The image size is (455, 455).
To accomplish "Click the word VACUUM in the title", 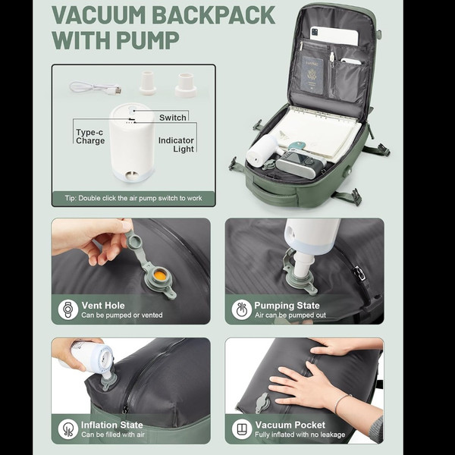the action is click(x=99, y=15).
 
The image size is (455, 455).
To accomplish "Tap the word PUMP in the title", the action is click(x=148, y=39).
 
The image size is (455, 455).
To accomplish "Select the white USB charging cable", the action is click(x=96, y=88).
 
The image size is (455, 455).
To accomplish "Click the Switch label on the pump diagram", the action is click(x=173, y=118).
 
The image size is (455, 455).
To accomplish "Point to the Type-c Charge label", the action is click(x=90, y=136).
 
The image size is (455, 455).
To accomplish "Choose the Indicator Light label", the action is click(x=176, y=145).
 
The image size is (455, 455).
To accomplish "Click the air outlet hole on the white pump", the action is click(x=132, y=176).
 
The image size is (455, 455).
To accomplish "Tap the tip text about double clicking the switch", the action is click(x=133, y=198).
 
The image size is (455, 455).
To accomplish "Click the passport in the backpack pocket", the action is click(x=312, y=75).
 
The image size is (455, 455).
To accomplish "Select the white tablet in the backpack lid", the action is click(x=334, y=36).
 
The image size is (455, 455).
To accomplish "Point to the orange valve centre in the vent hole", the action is click(x=160, y=275).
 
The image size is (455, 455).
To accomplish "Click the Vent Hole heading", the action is click(x=103, y=306).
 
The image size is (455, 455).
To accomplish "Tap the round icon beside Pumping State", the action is click(x=242, y=310).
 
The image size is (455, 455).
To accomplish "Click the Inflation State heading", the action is click(x=112, y=425).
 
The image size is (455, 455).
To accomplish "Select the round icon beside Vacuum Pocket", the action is click(x=242, y=429).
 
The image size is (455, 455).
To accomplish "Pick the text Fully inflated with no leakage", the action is click(x=300, y=435).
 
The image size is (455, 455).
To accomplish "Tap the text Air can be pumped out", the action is click(x=290, y=315).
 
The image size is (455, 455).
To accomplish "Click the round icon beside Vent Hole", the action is click(x=68, y=309).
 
